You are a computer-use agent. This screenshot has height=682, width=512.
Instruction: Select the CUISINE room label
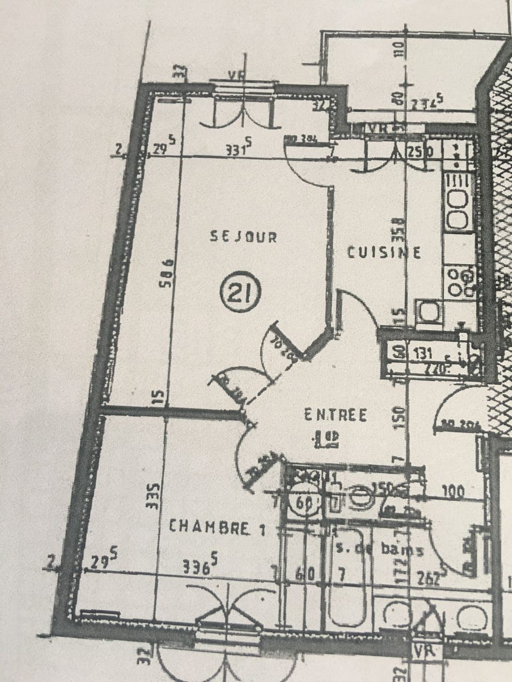pos(384,251)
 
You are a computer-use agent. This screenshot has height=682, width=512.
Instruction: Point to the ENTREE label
pos(335,415)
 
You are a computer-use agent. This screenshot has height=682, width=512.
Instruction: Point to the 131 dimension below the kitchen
pos(417,352)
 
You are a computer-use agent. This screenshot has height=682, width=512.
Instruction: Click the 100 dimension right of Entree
pos(454,490)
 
